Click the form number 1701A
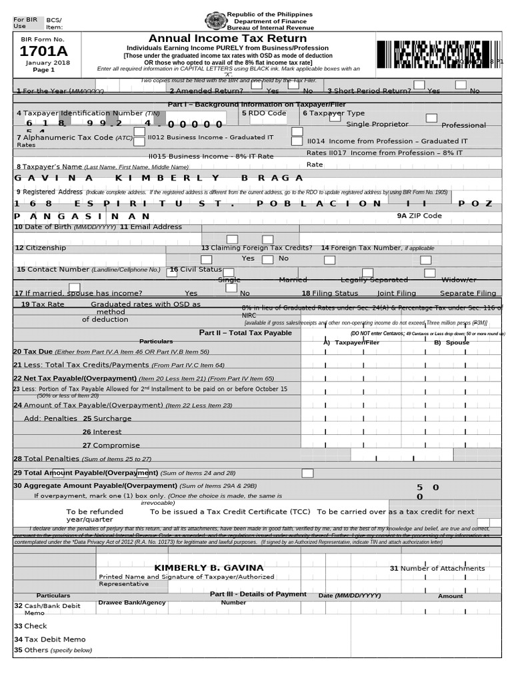point(41,52)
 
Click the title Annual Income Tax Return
point(228,39)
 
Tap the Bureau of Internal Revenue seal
point(215,21)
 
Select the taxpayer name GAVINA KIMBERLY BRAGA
point(159,178)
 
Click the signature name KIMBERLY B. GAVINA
point(209,567)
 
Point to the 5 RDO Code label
point(264,113)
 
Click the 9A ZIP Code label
point(419,216)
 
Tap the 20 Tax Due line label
point(111,351)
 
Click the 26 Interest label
point(102,432)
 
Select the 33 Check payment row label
point(30,626)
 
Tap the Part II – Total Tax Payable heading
point(245,332)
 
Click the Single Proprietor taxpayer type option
point(377,125)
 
